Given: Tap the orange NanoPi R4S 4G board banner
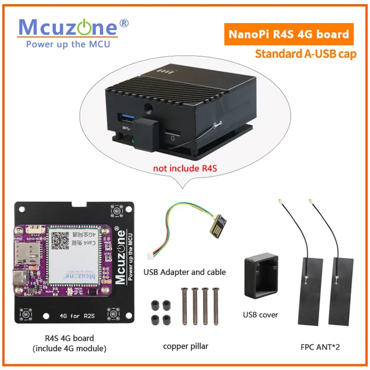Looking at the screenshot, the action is tap(288, 34).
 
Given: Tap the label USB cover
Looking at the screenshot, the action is tap(260, 315).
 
